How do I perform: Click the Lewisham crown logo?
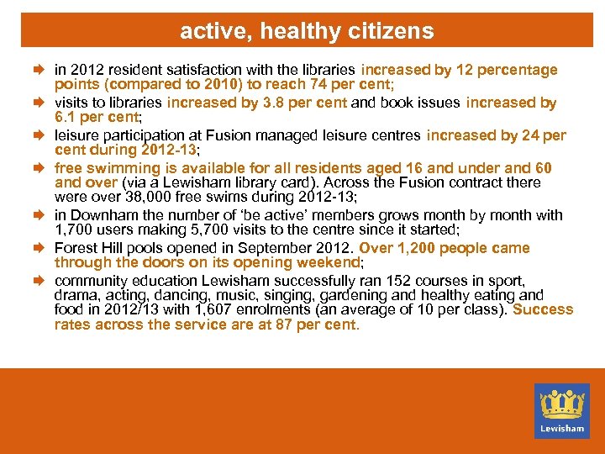pyautogui.click(x=561, y=409)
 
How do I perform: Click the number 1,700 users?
pyautogui.click(x=72, y=230)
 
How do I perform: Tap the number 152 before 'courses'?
pyautogui.click(x=385, y=280)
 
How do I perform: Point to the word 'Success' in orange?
pyautogui.click(x=543, y=309)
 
